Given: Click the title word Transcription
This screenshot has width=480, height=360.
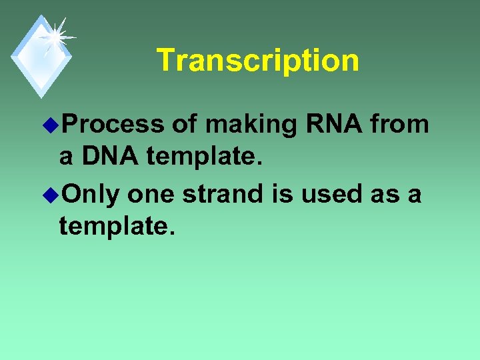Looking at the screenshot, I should click(257, 60).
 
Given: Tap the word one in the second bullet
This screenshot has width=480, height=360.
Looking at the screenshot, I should click(151, 195).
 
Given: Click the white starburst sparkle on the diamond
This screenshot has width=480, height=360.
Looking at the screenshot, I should click(54, 37).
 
